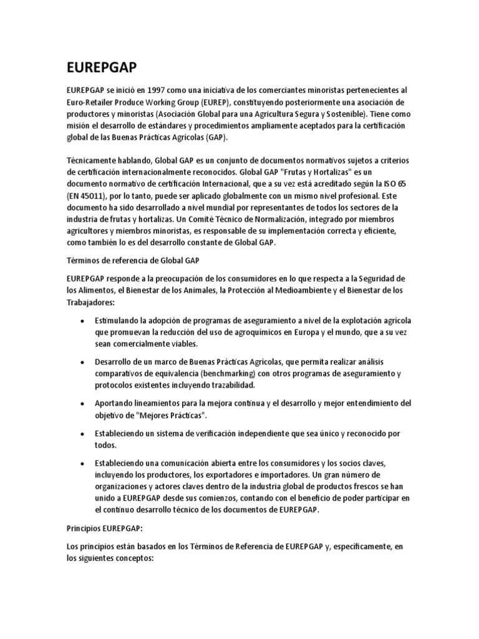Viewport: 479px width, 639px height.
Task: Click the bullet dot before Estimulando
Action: coord(84,321)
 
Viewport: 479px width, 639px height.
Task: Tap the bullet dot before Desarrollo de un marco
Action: coord(84,362)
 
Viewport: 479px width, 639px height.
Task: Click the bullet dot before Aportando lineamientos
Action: coord(84,404)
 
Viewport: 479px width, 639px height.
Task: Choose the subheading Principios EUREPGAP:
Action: coord(105,528)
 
